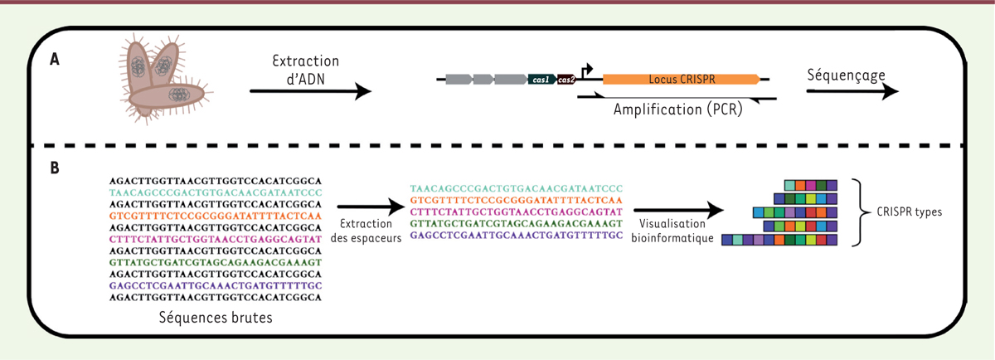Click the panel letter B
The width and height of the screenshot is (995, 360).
(x=55, y=167)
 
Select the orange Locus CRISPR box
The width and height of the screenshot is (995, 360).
(x=680, y=80)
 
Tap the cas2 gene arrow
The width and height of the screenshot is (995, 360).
(x=566, y=80)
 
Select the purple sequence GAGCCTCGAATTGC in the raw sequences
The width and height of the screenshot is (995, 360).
(x=216, y=283)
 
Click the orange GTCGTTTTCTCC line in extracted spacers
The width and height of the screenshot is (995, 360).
(x=516, y=201)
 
